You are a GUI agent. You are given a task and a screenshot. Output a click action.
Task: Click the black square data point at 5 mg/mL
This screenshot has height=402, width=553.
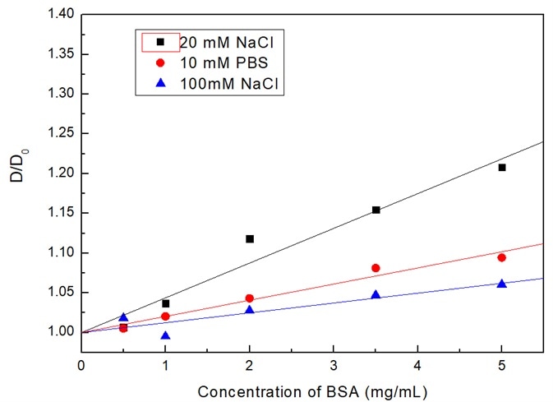[x=502, y=168]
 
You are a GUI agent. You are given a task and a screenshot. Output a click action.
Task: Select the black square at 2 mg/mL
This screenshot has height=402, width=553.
[x=250, y=239]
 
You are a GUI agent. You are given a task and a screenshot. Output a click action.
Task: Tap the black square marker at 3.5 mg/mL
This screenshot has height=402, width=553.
[x=376, y=210]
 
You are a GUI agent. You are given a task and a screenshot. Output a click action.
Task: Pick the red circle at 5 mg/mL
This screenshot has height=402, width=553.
[x=502, y=257]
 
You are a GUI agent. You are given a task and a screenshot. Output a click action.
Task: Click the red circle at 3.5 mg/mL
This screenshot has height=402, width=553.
[x=376, y=268]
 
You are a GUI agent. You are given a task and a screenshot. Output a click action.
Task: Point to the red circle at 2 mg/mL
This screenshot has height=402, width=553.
[x=250, y=298]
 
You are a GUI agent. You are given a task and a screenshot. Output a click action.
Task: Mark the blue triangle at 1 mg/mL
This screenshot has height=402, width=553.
[x=166, y=335]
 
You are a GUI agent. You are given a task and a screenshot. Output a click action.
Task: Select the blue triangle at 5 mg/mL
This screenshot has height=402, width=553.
[x=502, y=283]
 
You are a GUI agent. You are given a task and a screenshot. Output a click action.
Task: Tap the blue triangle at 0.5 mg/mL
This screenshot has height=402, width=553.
[x=123, y=317]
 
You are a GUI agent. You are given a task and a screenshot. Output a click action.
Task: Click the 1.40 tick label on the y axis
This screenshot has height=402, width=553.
[x=59, y=15]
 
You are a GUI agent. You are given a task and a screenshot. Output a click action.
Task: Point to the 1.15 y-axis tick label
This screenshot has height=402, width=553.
[x=59, y=213]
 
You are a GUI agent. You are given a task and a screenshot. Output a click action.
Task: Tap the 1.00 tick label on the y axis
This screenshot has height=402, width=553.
[x=59, y=332]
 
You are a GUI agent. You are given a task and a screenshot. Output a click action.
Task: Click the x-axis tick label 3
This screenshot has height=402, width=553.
[x=334, y=363]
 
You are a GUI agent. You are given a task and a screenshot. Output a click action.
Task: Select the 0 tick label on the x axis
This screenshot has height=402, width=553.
[x=81, y=363]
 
